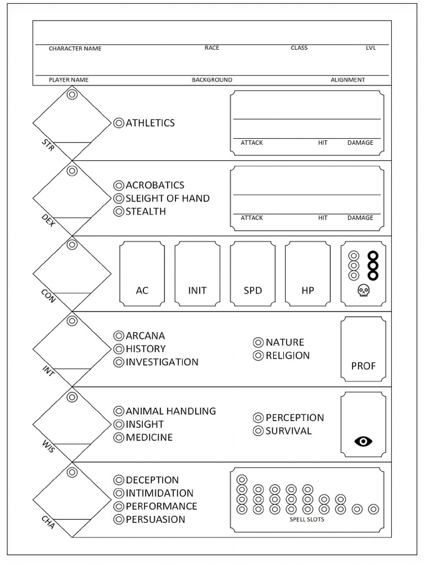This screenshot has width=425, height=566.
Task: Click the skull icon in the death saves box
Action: pyautogui.click(x=363, y=291)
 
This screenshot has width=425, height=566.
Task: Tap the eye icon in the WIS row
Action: pyautogui.click(x=363, y=441)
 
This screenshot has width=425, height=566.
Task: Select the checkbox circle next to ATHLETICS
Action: pyautogui.click(x=118, y=123)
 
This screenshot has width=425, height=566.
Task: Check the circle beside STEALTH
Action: pyautogui.click(x=118, y=212)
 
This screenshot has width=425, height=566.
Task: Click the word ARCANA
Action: pyautogui.click(x=145, y=336)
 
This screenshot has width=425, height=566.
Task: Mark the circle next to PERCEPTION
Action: pyautogui.click(x=258, y=418)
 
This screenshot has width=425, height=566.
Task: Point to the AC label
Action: pyautogui.click(x=142, y=290)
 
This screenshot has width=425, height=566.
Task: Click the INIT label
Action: pyautogui.click(x=197, y=290)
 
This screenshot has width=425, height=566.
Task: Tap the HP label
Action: pyautogui.click(x=308, y=290)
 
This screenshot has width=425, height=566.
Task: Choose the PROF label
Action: pyautogui.click(x=363, y=366)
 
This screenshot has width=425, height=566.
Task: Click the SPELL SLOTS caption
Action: pyautogui.click(x=307, y=520)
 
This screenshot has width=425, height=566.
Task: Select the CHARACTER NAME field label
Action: pyautogui.click(x=75, y=49)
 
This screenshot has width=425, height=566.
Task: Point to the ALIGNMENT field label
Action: pyautogui.click(x=348, y=80)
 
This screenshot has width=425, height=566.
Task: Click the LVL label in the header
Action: pyautogui.click(x=371, y=48)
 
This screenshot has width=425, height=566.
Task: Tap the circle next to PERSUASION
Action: pyautogui.click(x=118, y=520)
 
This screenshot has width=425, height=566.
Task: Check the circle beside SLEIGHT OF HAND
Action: pyautogui.click(x=118, y=198)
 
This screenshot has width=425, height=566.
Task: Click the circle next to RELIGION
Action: pyautogui.click(x=258, y=356)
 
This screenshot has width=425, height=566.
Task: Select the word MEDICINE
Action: pyautogui.click(x=149, y=437)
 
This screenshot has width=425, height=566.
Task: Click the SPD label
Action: pyautogui.click(x=253, y=290)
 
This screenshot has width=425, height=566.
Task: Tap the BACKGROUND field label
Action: pyautogui.click(x=212, y=80)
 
